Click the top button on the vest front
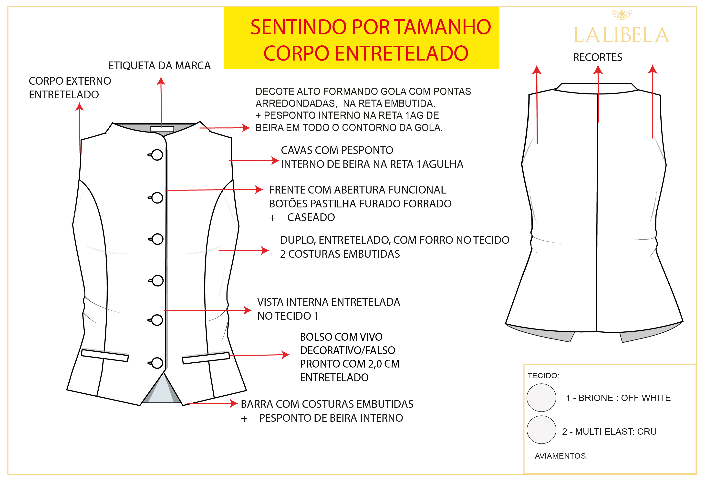tap(157, 155)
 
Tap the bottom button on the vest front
tap(157, 363)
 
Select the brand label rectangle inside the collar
tap(162, 129)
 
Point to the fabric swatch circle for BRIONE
tap(541, 398)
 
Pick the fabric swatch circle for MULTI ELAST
tap(541, 430)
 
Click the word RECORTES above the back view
tap(597, 57)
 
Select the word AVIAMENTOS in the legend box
tap(561, 456)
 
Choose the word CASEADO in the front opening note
tap(311, 217)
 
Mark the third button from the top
tap(157, 239)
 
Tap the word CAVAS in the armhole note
tap(299, 150)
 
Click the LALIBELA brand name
tap(621, 35)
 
